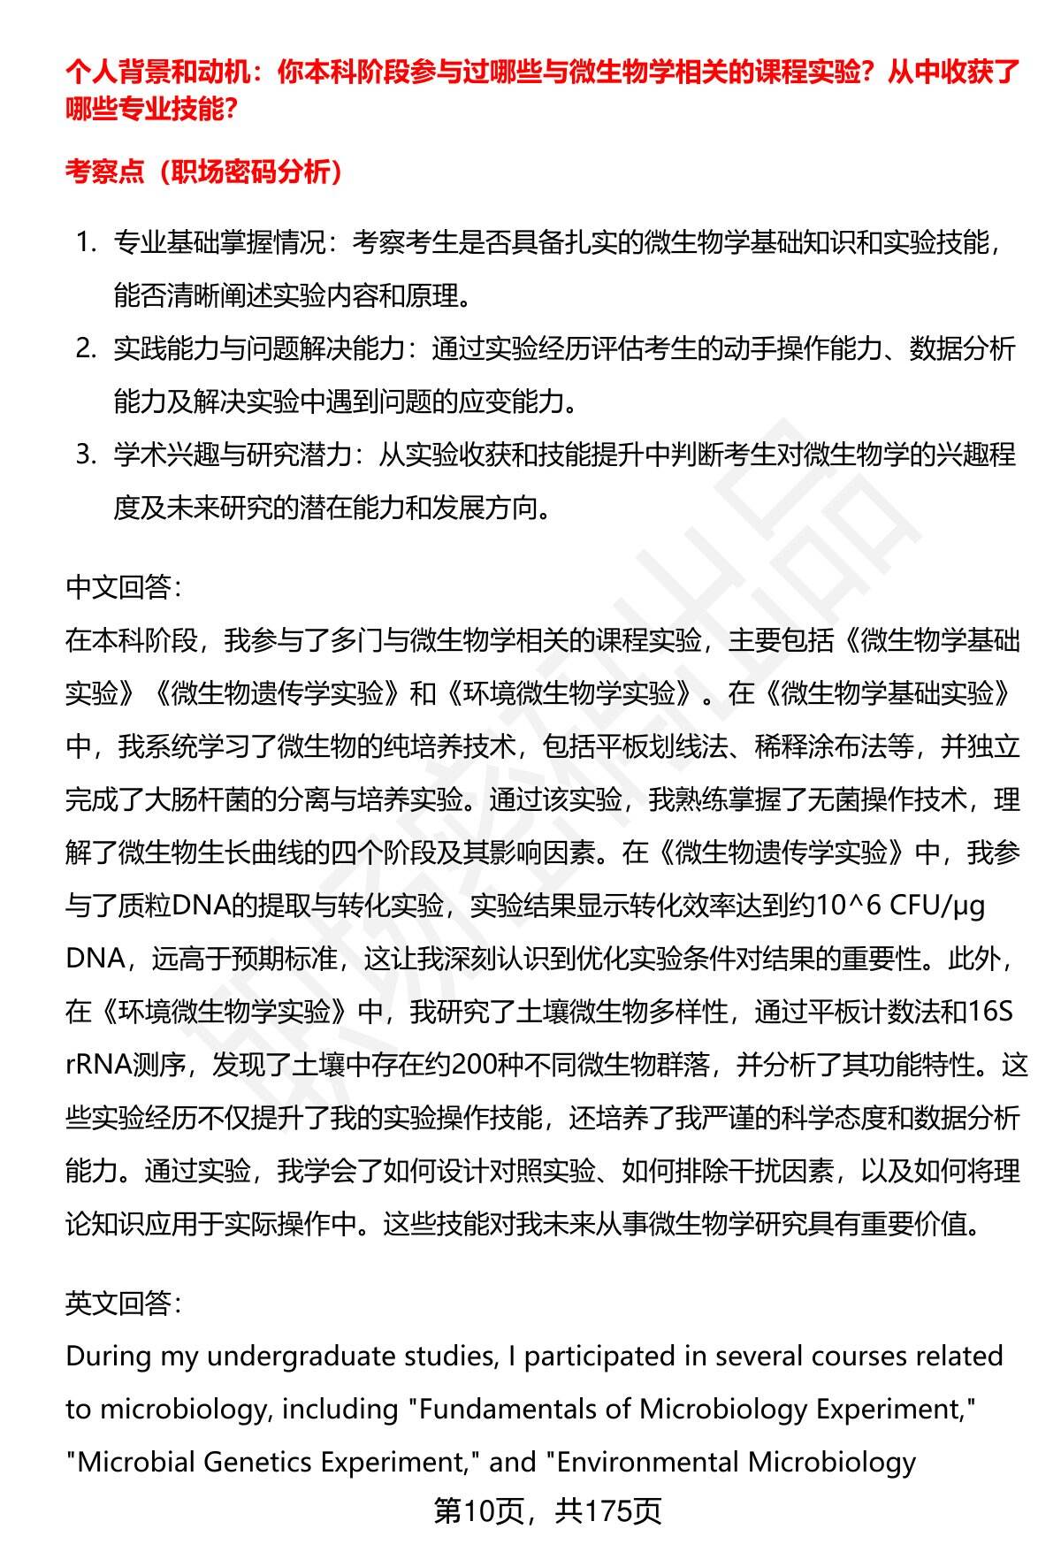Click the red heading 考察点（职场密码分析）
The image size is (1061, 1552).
(x=204, y=172)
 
